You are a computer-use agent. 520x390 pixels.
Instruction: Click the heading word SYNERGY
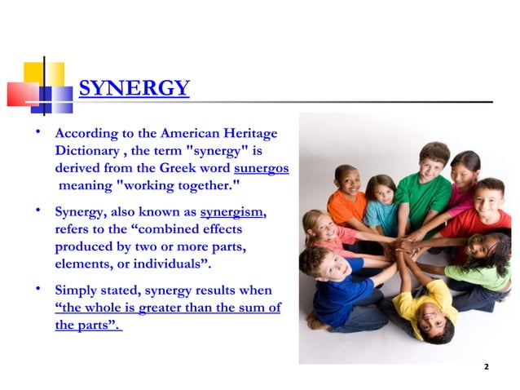[x=134, y=88]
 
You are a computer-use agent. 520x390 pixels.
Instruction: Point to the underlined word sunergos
[x=261, y=169]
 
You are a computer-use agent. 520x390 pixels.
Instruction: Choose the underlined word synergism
[x=232, y=212]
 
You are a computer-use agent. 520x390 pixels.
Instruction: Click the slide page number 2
[x=486, y=367]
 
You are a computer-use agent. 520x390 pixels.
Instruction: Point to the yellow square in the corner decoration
[x=44, y=73]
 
